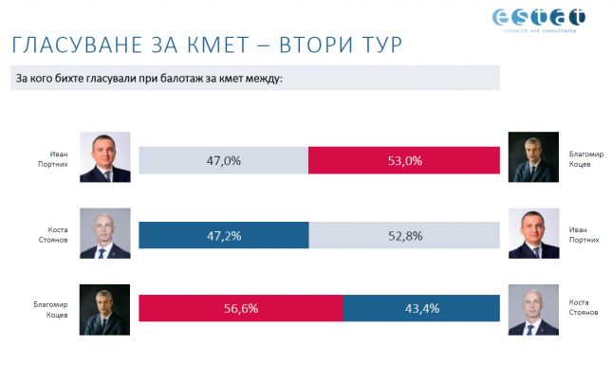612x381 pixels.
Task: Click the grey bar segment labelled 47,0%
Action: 223,160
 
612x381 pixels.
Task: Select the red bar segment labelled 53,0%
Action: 403,160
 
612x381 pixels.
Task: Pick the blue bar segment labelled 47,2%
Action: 223,235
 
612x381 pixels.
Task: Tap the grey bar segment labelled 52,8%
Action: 403,235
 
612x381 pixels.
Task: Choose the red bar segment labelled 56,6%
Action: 240,309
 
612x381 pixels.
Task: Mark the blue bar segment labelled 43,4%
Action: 420,309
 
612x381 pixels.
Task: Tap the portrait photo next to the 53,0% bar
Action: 531,157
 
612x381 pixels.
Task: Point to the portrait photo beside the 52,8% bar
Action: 531,233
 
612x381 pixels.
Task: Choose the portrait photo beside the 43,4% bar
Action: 531,310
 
